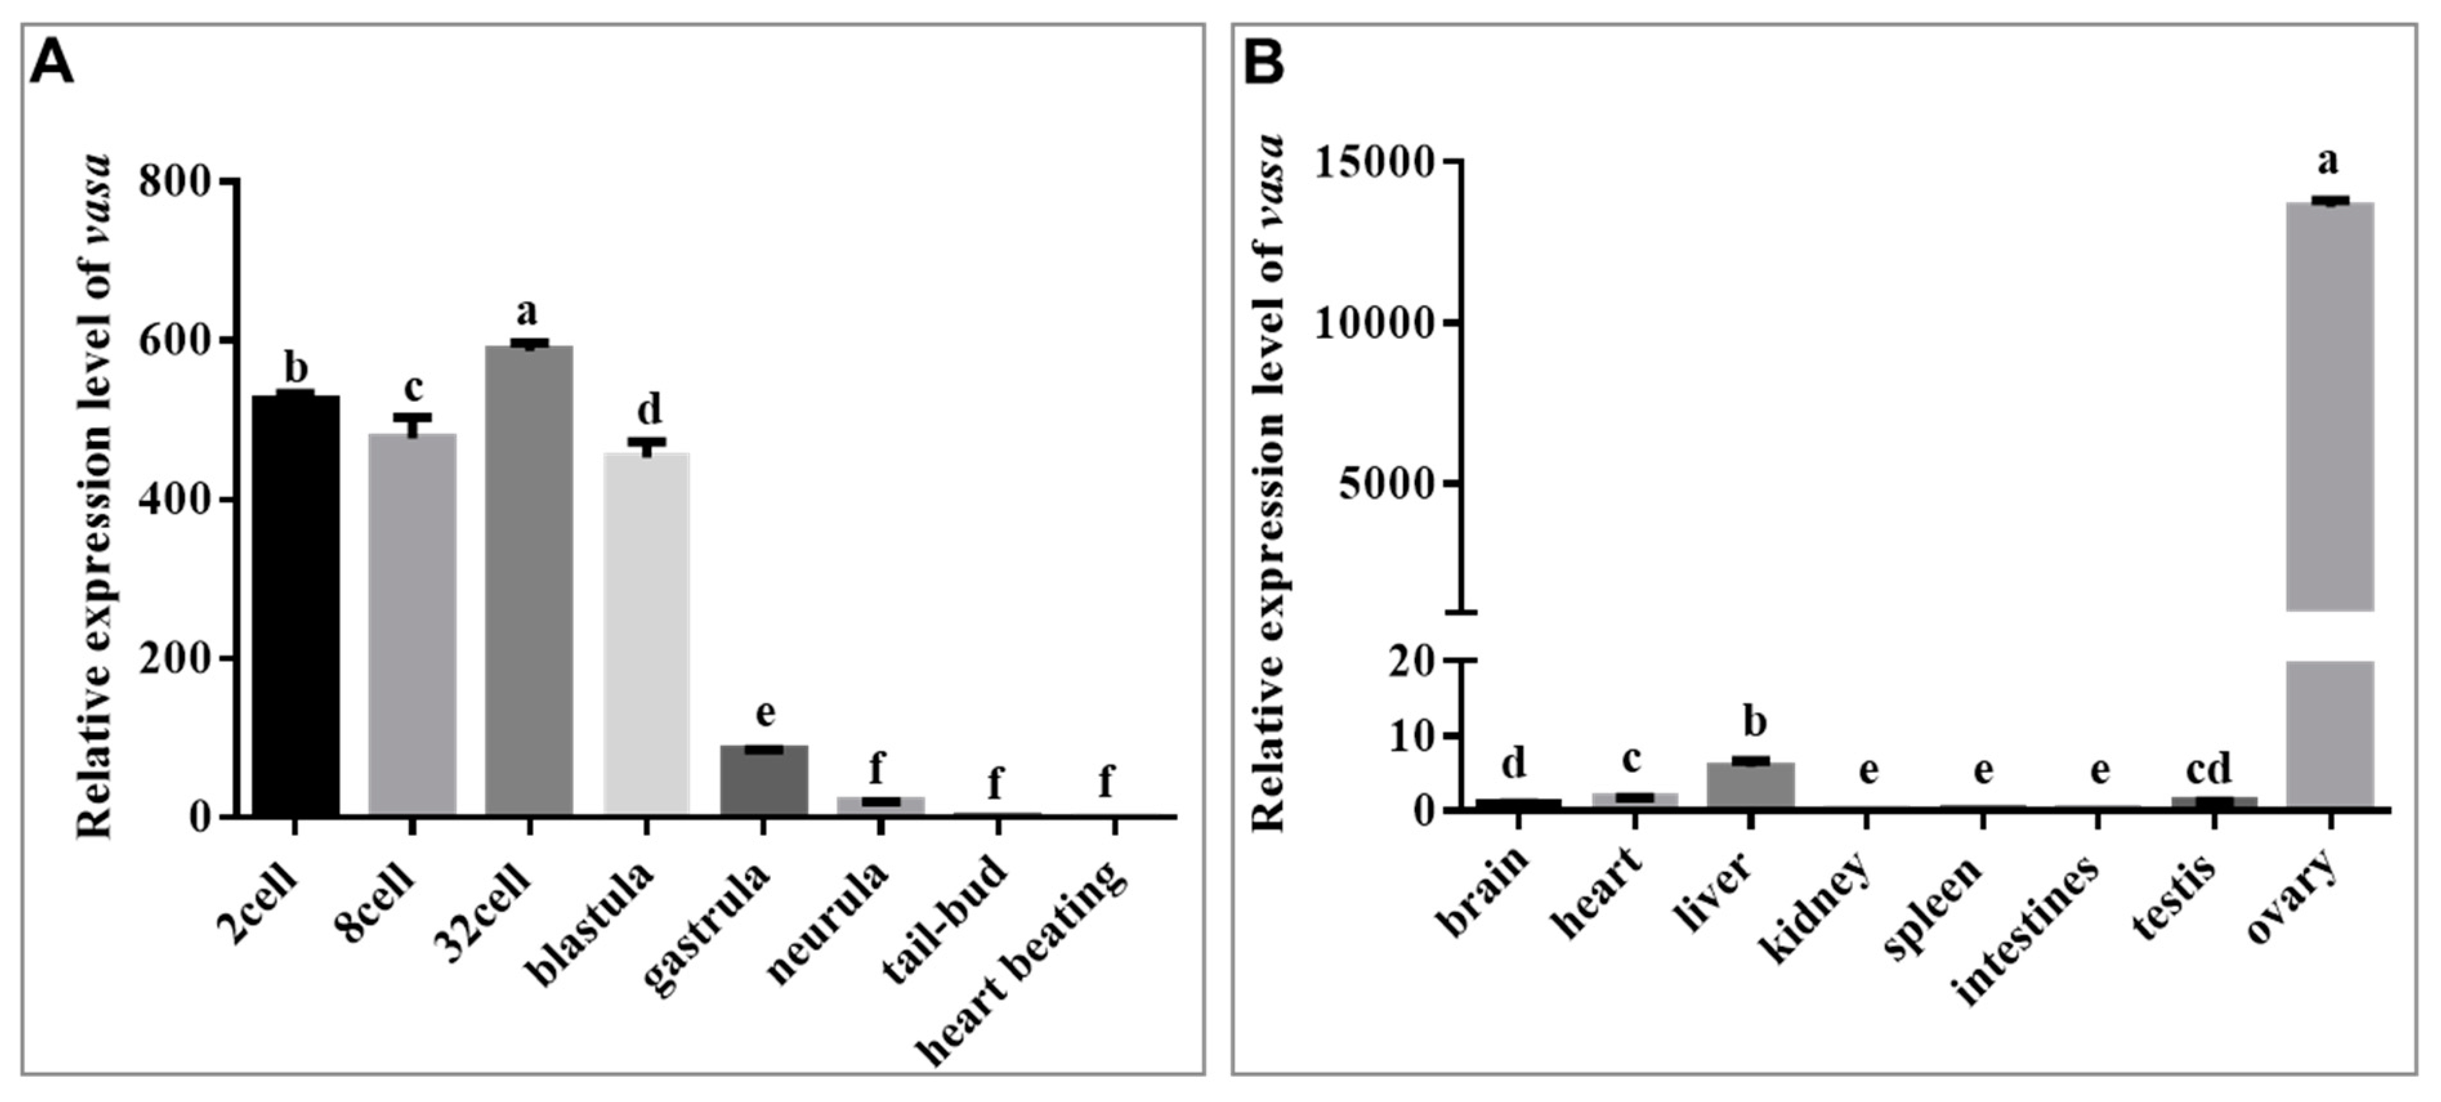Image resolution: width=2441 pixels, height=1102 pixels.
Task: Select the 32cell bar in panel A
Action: (x=529, y=580)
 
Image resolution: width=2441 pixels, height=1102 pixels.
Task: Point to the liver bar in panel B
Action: (x=1750, y=784)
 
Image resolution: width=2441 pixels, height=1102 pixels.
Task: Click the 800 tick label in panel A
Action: (x=175, y=180)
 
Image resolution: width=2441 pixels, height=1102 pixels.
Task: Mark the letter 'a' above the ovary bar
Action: (x=2327, y=161)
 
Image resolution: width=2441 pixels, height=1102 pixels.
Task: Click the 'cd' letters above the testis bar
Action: (x=2209, y=768)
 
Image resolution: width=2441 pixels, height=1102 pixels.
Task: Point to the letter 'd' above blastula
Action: (x=649, y=410)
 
